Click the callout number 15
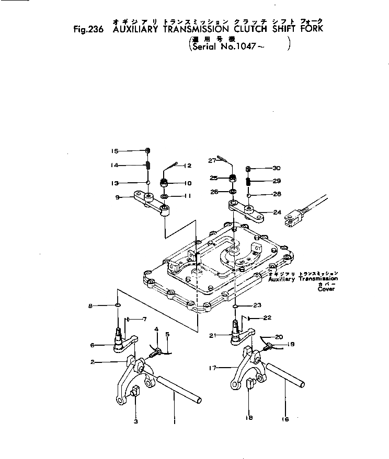(114, 151)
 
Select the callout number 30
(277, 168)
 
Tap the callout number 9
(118, 197)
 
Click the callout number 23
(257, 305)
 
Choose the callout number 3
(135, 421)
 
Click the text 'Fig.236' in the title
(88, 30)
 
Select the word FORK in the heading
(311, 28)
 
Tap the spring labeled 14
(148, 166)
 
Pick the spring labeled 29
(249, 181)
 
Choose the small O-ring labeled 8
(118, 304)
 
